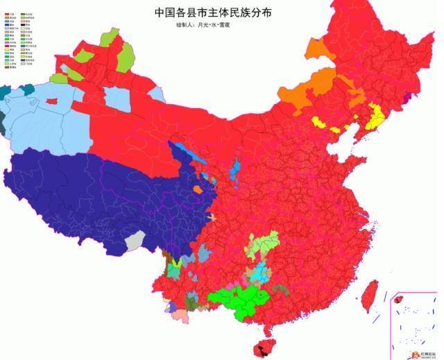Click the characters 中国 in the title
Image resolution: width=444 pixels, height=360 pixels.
(x=164, y=12)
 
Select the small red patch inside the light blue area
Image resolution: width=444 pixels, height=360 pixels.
(x=51, y=101)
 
